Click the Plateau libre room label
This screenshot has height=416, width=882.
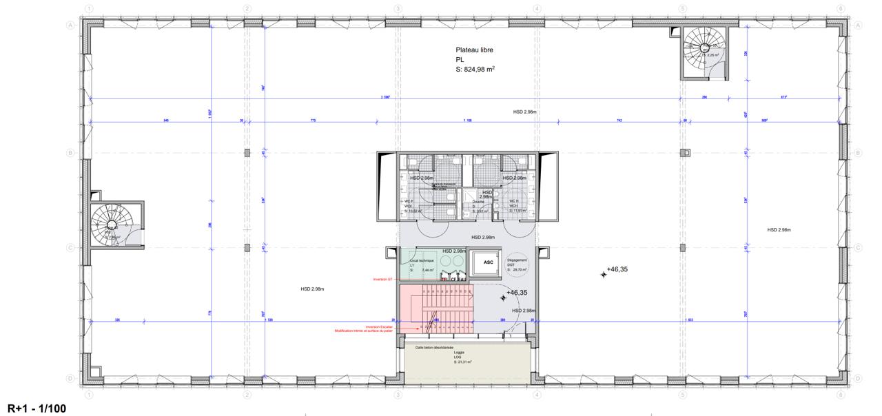click(x=474, y=50)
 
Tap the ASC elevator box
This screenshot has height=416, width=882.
click(x=488, y=262)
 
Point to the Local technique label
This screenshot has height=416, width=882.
click(x=422, y=261)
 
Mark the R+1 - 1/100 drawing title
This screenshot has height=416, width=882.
click(x=37, y=409)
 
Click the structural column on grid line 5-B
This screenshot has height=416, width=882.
click(x=684, y=152)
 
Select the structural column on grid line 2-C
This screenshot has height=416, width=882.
click(x=246, y=248)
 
